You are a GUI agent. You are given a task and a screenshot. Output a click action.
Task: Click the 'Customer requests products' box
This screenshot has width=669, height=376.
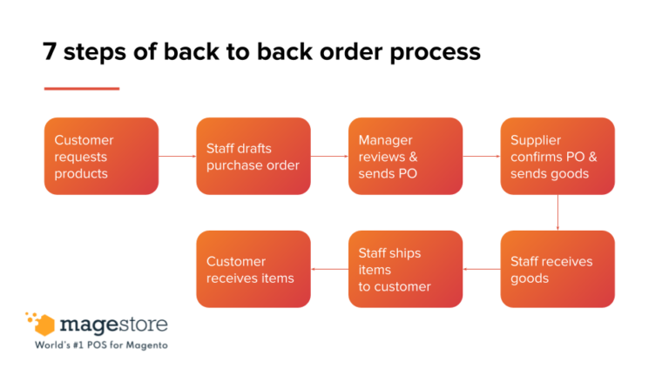[x=101, y=156]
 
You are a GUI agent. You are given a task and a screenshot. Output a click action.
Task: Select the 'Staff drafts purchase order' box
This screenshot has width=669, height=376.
[x=253, y=156]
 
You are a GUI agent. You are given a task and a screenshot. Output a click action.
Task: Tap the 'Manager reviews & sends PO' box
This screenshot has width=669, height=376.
[x=405, y=156]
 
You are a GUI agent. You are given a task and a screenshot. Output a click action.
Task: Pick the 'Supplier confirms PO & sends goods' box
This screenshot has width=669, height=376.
[x=557, y=156]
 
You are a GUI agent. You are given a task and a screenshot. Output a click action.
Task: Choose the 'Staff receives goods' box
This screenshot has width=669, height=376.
[x=557, y=269]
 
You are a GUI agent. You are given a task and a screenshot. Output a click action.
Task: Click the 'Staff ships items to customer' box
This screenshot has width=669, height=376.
[x=405, y=269]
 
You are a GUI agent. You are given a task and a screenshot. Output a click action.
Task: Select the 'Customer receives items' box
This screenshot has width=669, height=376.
[x=253, y=269]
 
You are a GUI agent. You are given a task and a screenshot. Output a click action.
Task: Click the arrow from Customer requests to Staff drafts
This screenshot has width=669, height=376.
[x=177, y=157]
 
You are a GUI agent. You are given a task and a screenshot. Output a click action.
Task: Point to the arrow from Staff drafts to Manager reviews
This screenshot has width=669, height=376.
[x=329, y=157]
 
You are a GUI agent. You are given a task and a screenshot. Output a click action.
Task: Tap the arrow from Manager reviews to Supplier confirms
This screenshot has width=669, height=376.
[x=481, y=157]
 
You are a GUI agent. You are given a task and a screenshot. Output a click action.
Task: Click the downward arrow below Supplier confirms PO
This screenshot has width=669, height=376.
[x=557, y=212]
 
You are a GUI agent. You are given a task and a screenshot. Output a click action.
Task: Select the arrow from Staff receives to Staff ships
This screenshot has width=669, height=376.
[x=481, y=269]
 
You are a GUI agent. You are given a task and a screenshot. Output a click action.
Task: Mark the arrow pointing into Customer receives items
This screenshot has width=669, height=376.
[x=329, y=269]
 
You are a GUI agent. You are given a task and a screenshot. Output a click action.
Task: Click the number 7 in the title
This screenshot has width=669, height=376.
[x=51, y=51]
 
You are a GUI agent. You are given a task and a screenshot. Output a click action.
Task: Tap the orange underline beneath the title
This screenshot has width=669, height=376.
[x=81, y=88]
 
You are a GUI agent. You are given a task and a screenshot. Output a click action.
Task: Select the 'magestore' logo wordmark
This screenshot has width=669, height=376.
[x=113, y=326]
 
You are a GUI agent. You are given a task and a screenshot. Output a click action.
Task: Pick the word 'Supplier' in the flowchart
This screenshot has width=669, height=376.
[x=536, y=140]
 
